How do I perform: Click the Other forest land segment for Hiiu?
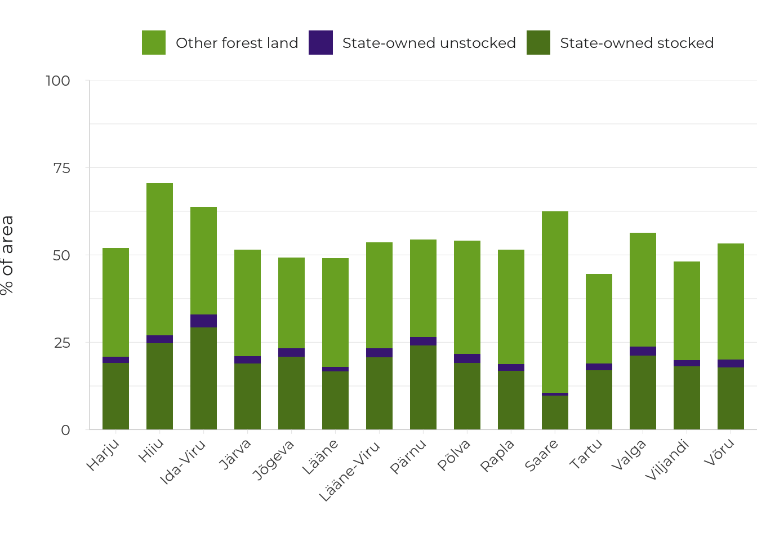pos(159,259)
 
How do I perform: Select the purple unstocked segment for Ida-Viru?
pos(203,321)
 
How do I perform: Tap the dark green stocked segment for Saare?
pos(555,413)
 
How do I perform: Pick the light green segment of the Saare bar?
pos(555,302)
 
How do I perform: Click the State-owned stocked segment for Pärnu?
pos(423,387)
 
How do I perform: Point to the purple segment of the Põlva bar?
pos(467,358)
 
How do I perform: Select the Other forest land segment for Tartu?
pos(599,318)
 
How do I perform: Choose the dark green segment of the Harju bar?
pos(115,396)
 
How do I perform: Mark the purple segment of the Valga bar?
pos(643,351)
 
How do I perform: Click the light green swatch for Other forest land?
pos(154,43)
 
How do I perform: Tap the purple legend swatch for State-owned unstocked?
pos(320,43)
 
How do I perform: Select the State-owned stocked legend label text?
pos(636,43)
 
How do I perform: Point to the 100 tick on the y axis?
pos(58,81)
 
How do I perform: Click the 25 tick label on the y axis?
pos(62,343)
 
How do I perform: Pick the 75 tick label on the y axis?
pos(62,168)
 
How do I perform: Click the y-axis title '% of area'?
pos(7,255)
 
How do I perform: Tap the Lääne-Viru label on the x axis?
pos(350,471)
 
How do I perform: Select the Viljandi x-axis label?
pos(667,460)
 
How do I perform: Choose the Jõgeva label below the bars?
pos(274,459)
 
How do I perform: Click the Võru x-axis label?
pos(719,452)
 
